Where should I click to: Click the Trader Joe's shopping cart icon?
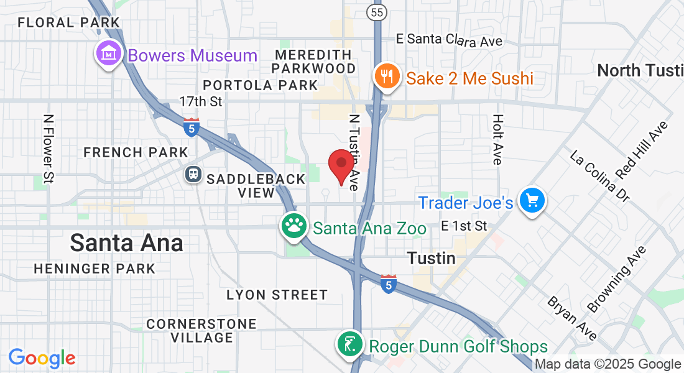[532, 201]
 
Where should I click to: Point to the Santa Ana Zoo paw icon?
[295, 226]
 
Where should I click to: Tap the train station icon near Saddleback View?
[193, 175]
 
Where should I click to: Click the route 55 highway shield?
[375, 12]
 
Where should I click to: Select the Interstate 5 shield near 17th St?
[192, 127]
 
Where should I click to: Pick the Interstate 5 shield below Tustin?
[388, 284]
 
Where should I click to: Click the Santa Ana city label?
[126, 242]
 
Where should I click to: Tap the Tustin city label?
[431, 257]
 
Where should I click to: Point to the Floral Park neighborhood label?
[68, 22]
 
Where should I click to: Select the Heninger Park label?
[95, 269]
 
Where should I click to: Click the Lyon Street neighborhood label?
[277, 294]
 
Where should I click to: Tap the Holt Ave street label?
[497, 139]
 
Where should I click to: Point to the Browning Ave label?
[617, 279]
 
